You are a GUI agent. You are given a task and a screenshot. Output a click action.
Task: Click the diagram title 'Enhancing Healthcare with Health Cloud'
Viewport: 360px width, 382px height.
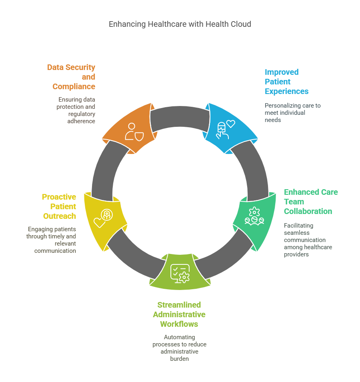click(180, 24)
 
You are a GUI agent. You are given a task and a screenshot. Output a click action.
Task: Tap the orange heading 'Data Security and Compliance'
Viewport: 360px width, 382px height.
click(72, 77)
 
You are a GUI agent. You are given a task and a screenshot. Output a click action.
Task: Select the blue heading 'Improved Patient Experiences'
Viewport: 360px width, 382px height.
click(286, 82)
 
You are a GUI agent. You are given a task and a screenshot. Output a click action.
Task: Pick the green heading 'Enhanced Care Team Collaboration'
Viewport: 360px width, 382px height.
click(310, 202)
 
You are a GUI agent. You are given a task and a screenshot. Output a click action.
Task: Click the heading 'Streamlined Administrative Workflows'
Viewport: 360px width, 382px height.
click(179, 314)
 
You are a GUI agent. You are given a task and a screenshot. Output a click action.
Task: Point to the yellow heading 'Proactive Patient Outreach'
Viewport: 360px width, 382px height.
click(59, 206)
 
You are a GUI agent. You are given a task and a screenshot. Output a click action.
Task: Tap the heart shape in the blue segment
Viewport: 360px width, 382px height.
click(231, 124)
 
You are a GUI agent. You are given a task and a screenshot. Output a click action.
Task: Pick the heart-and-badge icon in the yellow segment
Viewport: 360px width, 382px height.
click(103, 218)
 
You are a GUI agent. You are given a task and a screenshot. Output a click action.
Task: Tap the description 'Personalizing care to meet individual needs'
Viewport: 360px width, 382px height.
click(292, 112)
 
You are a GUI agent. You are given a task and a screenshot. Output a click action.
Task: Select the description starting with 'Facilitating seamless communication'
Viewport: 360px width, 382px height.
click(308, 240)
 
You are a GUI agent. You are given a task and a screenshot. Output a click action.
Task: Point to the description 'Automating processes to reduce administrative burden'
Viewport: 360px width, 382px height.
click(179, 348)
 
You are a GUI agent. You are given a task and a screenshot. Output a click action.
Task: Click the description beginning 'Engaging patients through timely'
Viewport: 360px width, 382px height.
click(52, 240)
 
